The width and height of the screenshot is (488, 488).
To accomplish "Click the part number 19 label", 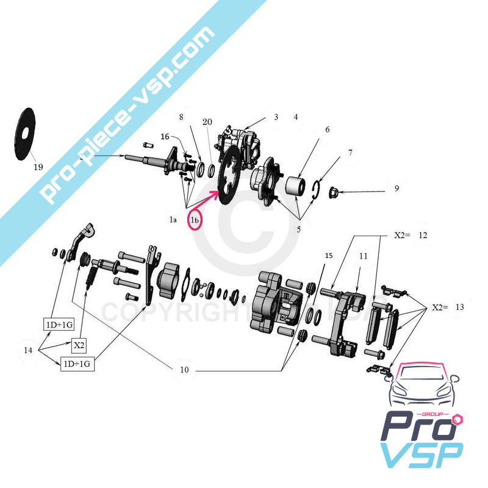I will (x=38, y=167).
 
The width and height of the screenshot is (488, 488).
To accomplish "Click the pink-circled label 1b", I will (x=195, y=219).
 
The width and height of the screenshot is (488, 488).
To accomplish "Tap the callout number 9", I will (x=396, y=188).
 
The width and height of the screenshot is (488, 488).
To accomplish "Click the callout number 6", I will (x=327, y=129).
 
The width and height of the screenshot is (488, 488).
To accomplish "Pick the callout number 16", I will (x=165, y=137).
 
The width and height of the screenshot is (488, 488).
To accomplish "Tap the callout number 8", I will (x=181, y=116).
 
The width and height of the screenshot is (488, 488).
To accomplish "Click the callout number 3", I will (x=276, y=117).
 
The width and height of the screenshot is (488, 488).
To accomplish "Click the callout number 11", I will (x=363, y=257).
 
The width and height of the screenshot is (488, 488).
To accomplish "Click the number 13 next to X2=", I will (x=459, y=307).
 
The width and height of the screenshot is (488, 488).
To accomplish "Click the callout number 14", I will (x=28, y=350).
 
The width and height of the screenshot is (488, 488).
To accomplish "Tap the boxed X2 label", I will (x=79, y=346).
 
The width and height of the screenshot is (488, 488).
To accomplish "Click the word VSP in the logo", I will (x=422, y=455).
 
